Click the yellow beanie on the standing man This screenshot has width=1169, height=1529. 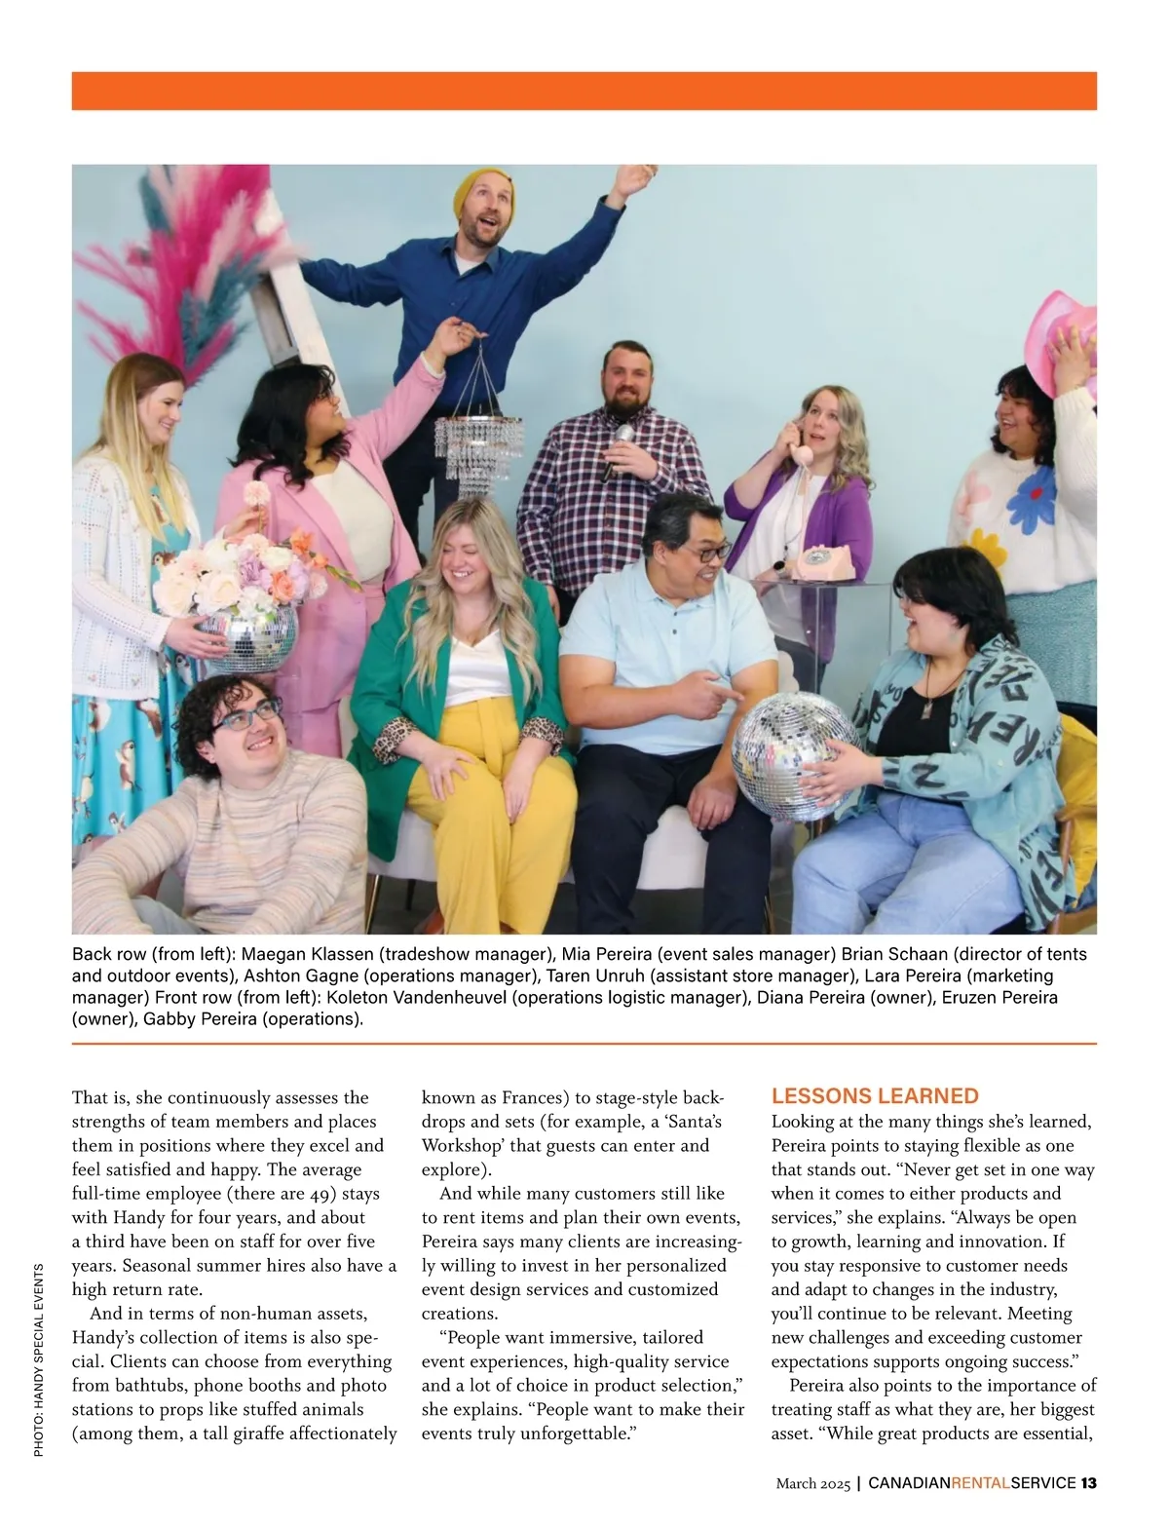(x=479, y=191)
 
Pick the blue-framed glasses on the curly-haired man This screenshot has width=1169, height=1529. (x=244, y=717)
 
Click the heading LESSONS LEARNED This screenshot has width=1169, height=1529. (x=875, y=1095)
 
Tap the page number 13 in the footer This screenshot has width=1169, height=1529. (x=1088, y=1483)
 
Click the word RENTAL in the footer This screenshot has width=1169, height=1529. (x=980, y=1483)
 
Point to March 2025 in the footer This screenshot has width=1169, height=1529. (x=813, y=1483)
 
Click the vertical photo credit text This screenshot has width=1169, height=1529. (x=39, y=1359)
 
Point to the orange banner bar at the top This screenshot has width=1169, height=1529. (x=584, y=91)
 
